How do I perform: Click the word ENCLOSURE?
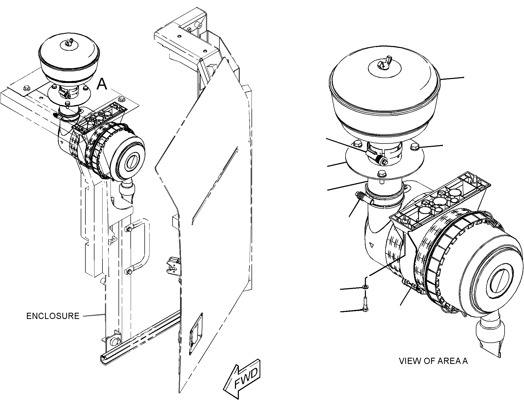point(53,316)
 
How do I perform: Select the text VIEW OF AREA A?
point(433,361)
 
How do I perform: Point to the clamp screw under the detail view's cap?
point(382,159)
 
